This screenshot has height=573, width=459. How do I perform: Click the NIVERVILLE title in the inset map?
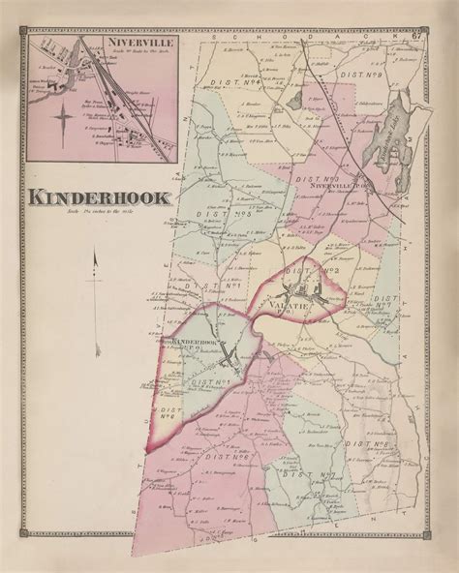click(x=103, y=43)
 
